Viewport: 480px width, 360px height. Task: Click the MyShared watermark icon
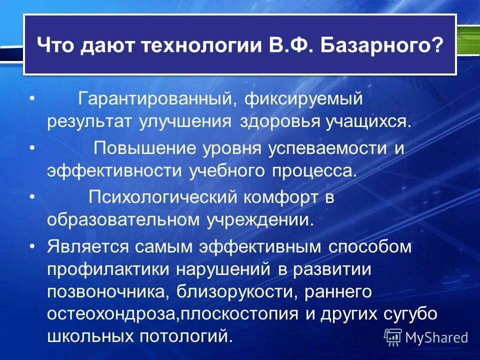click(393, 337)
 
